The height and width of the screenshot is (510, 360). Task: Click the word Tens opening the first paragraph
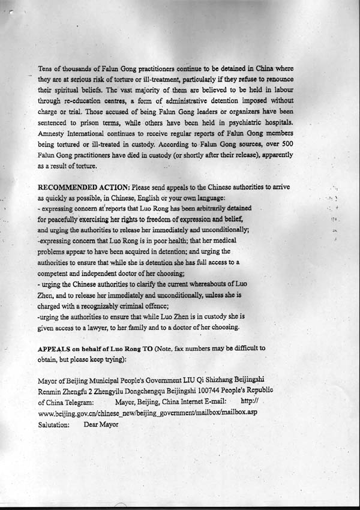[46, 68]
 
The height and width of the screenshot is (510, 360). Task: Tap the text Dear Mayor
[101, 424]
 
